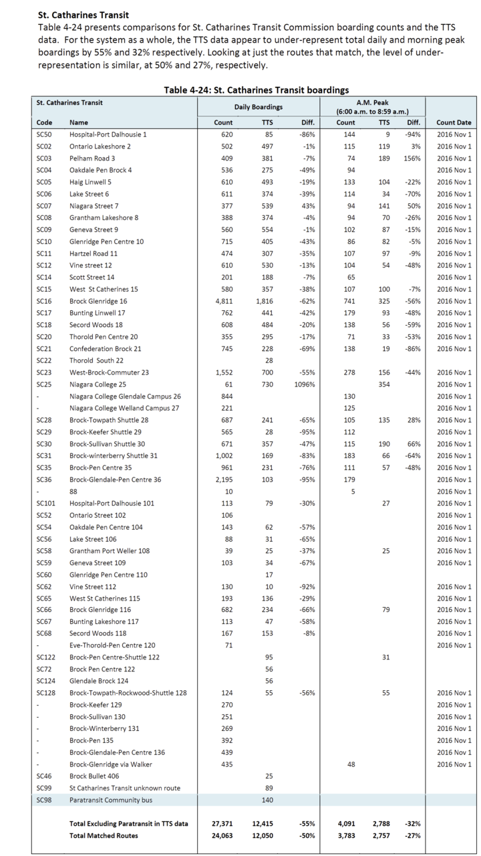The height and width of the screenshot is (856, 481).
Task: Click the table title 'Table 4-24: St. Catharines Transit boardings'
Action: pos(257,90)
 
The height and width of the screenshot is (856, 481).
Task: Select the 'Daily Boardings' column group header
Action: pos(258,107)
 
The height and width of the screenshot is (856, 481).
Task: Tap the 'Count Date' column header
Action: pos(454,122)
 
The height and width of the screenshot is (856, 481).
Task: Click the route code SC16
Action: pos(44,301)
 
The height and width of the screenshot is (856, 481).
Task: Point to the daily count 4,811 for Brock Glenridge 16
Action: pos(223,301)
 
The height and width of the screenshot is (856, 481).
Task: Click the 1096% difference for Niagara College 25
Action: pos(304,385)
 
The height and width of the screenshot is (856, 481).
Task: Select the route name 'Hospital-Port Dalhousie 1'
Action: pos(108,134)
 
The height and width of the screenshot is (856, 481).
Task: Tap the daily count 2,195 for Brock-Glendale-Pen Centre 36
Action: pos(223,479)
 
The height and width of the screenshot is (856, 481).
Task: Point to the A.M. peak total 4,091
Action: pos(345,823)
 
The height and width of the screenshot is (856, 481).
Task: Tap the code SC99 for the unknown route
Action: pos(44,788)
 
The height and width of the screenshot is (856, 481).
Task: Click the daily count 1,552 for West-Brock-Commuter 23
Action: pos(223,372)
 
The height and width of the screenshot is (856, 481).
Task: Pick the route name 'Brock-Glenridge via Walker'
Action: pos(111,764)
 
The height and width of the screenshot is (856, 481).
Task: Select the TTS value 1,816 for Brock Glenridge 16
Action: pos(264,301)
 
